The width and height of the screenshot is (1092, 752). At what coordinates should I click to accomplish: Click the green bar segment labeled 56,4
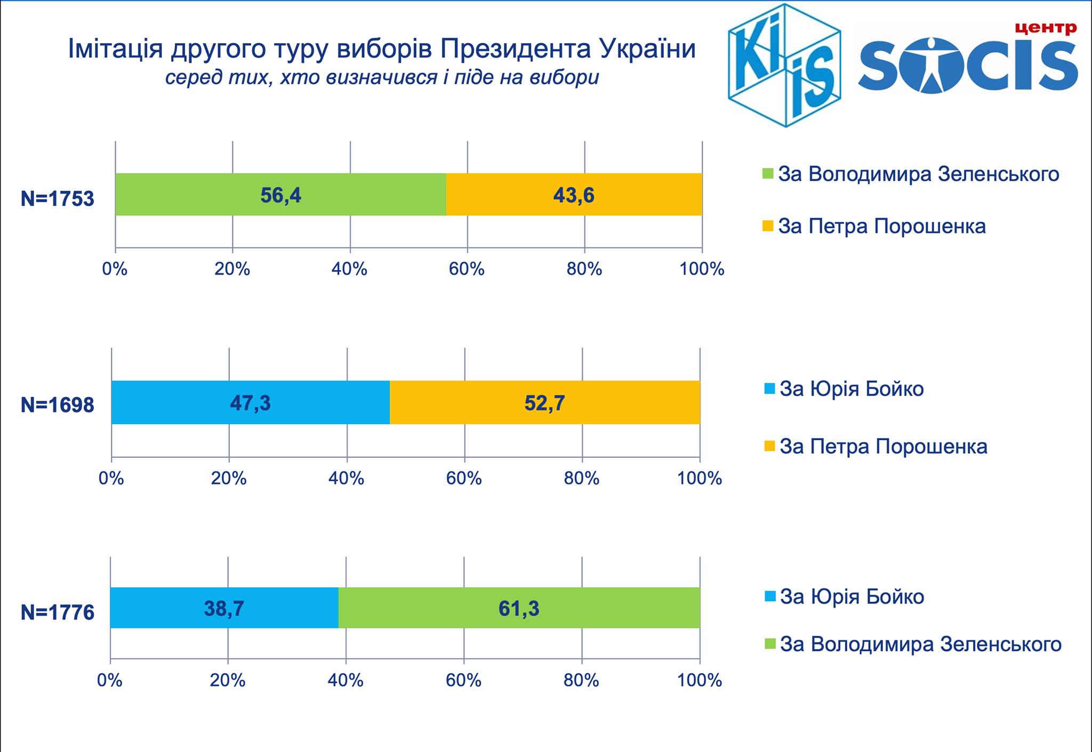280,195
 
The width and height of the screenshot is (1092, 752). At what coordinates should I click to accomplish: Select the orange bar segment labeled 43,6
574,195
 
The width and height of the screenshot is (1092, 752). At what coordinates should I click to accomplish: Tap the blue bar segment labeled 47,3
250,402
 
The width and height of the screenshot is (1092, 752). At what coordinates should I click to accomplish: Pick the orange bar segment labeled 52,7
544,402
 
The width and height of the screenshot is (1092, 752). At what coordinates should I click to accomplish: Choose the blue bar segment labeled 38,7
224,608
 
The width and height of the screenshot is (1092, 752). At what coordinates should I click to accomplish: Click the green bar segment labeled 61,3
519,608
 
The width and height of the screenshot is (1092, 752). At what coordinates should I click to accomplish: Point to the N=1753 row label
57,199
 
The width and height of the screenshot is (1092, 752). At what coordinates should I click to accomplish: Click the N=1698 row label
57,405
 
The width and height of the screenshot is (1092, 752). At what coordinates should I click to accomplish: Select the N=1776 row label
57,612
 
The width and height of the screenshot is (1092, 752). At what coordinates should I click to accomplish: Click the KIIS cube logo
784,65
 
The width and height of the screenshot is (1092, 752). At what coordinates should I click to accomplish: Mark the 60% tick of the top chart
467,269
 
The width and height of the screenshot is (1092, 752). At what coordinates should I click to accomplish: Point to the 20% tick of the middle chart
228,478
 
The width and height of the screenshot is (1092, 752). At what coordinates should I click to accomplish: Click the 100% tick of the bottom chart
700,680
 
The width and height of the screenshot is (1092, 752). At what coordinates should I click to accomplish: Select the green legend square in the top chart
768,174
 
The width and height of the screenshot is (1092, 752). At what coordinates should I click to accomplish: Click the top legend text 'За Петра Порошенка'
882,226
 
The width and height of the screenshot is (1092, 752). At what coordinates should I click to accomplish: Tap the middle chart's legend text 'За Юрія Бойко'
852,389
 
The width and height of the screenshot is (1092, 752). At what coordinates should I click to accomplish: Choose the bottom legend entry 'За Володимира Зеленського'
920,644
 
